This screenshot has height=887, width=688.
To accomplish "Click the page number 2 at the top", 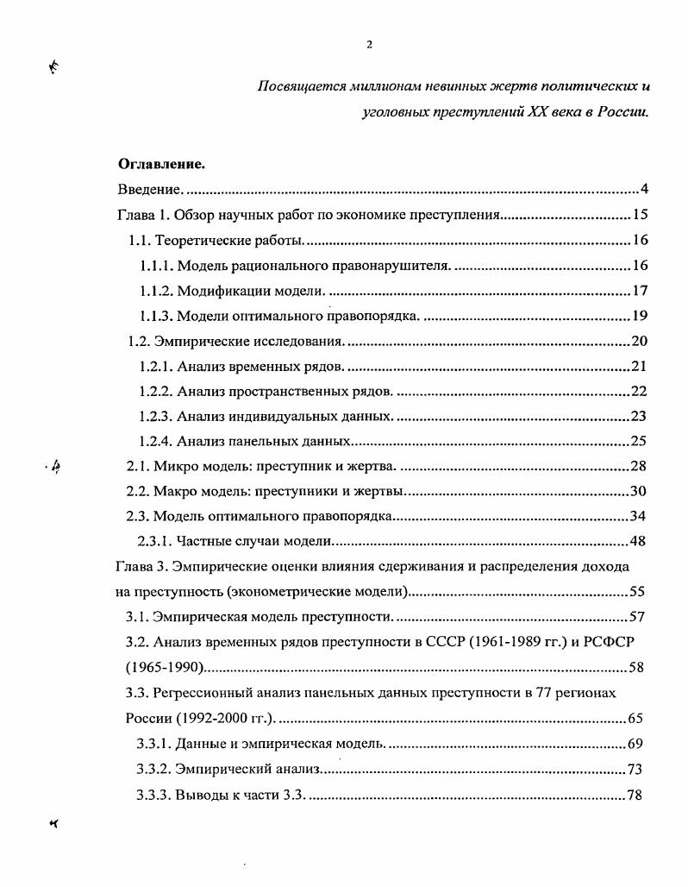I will (368, 46).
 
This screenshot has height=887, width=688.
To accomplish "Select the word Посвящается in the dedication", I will (295, 86).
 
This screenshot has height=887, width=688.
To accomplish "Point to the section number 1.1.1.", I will (155, 265).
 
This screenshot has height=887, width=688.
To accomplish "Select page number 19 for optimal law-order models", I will (639, 315).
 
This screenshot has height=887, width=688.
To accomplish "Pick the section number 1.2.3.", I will (155, 416).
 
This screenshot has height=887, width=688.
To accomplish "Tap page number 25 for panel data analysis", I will (639, 441).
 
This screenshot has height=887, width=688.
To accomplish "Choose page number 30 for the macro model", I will (639, 492).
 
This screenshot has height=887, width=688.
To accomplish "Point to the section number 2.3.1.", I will (155, 542).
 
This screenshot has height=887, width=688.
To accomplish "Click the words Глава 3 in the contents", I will (141, 567).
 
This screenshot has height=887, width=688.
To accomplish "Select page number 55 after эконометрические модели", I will (639, 592).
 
